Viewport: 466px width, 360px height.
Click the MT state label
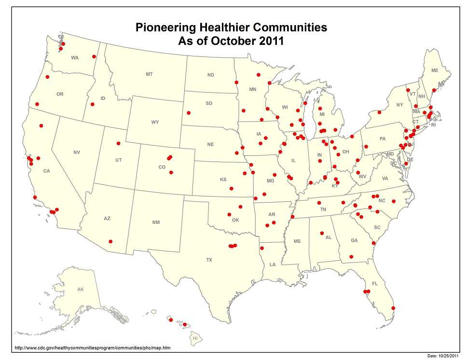149,74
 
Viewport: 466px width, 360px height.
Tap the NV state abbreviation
77,152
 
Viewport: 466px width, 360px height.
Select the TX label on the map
209,260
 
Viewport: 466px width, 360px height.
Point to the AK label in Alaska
81,290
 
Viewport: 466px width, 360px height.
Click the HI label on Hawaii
195,338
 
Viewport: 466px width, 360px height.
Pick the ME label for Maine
435,70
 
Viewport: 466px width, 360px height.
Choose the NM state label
156,222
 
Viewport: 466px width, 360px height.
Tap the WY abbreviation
155,122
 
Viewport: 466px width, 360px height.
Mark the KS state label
223,180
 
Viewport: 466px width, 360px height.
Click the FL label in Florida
375,284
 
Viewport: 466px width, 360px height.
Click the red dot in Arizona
110,241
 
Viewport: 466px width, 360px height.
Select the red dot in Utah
118,143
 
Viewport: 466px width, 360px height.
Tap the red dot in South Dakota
189,113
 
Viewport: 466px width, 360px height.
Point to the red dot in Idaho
92,105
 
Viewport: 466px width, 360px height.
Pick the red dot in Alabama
321,234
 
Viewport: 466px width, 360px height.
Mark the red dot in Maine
434,90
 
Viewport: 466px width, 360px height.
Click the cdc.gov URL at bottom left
93,347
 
